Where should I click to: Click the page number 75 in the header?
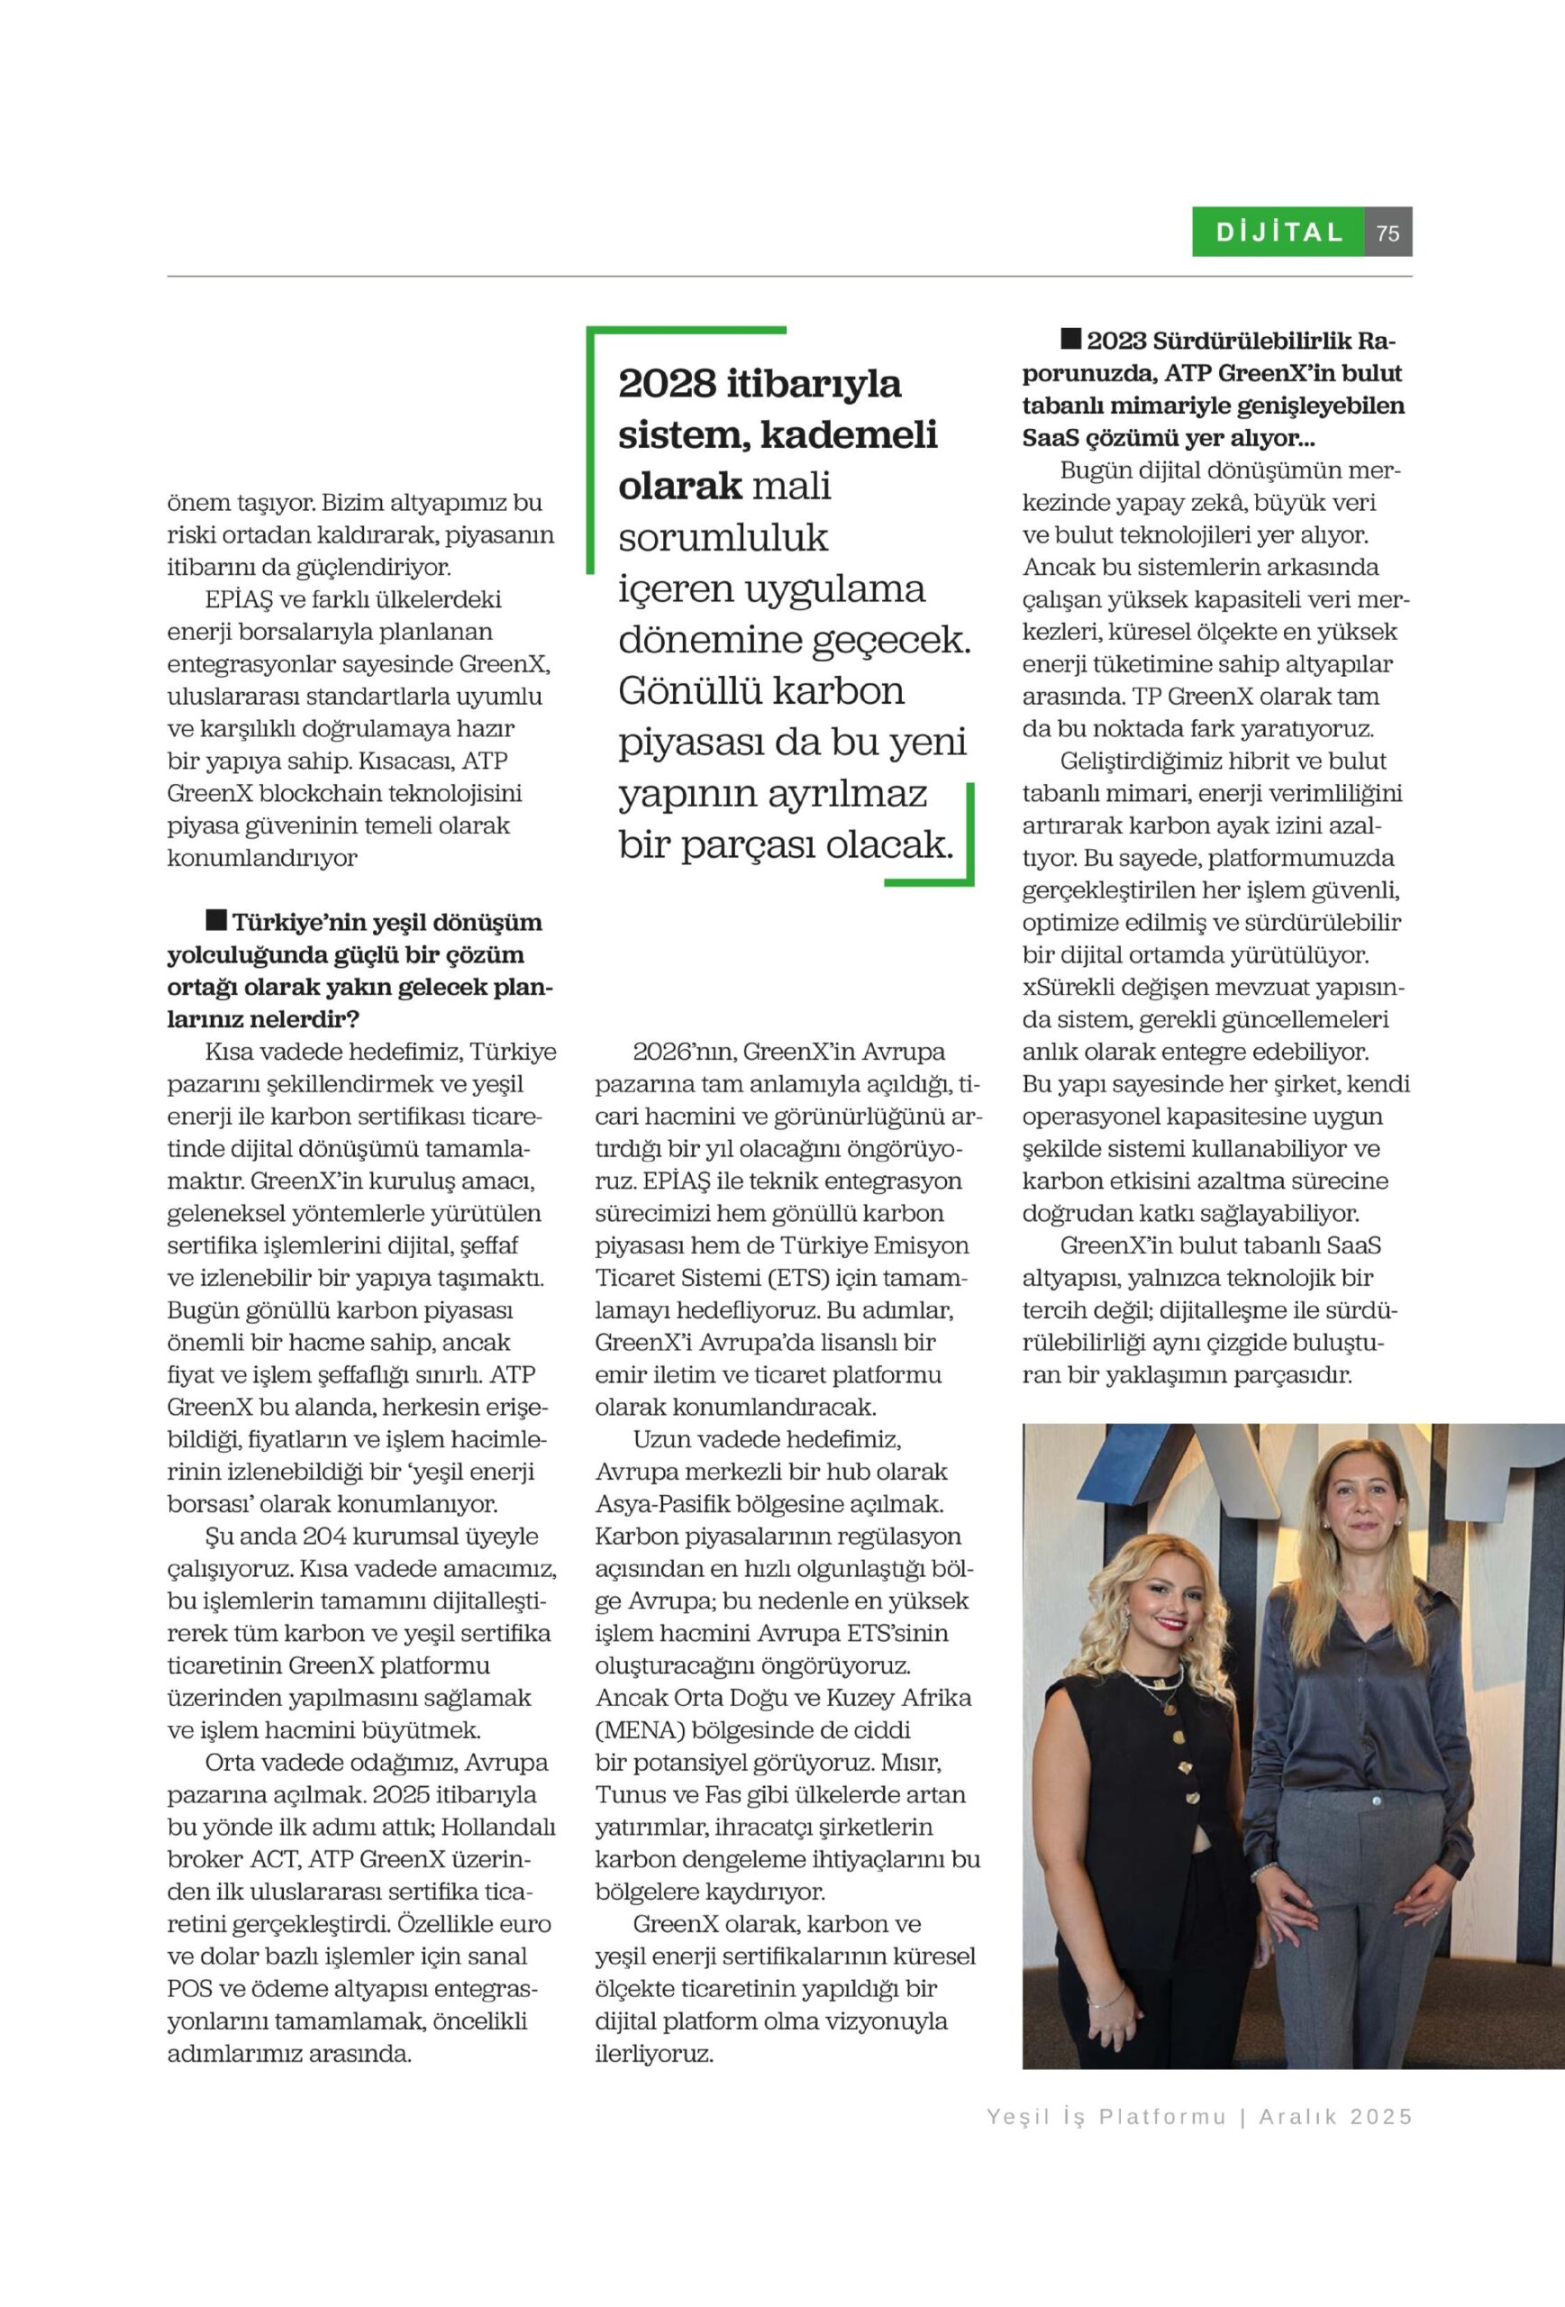pyautogui.click(x=1388, y=233)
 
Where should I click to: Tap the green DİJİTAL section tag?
pyautogui.click(x=1279, y=233)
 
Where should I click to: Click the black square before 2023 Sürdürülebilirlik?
pyautogui.click(x=1069, y=339)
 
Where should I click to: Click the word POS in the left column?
pyautogui.click(x=189, y=1988)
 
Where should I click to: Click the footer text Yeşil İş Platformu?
pyautogui.click(x=1106, y=2117)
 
